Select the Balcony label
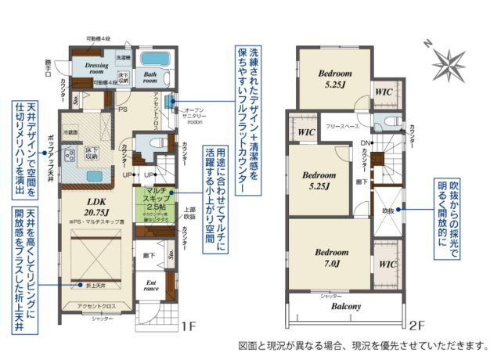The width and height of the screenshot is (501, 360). pos(345,307)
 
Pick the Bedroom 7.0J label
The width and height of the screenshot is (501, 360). pos(327,258)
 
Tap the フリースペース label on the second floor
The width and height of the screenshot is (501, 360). pos(343,125)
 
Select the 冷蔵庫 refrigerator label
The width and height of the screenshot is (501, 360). pos(70,132)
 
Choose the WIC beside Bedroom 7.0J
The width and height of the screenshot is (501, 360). pos(385,265)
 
